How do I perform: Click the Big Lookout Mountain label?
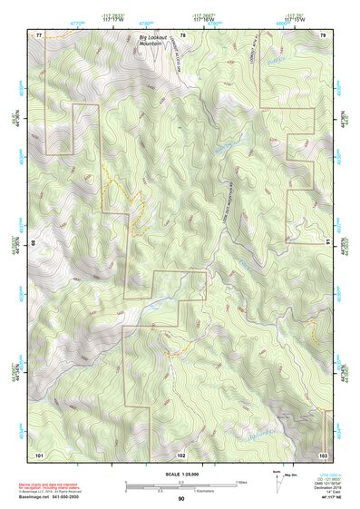[x=156, y=41]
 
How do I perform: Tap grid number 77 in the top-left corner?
[x=39, y=34]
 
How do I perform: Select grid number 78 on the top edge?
[x=182, y=34]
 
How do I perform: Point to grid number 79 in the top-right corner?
[x=323, y=34]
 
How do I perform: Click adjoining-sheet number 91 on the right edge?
[x=327, y=243]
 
